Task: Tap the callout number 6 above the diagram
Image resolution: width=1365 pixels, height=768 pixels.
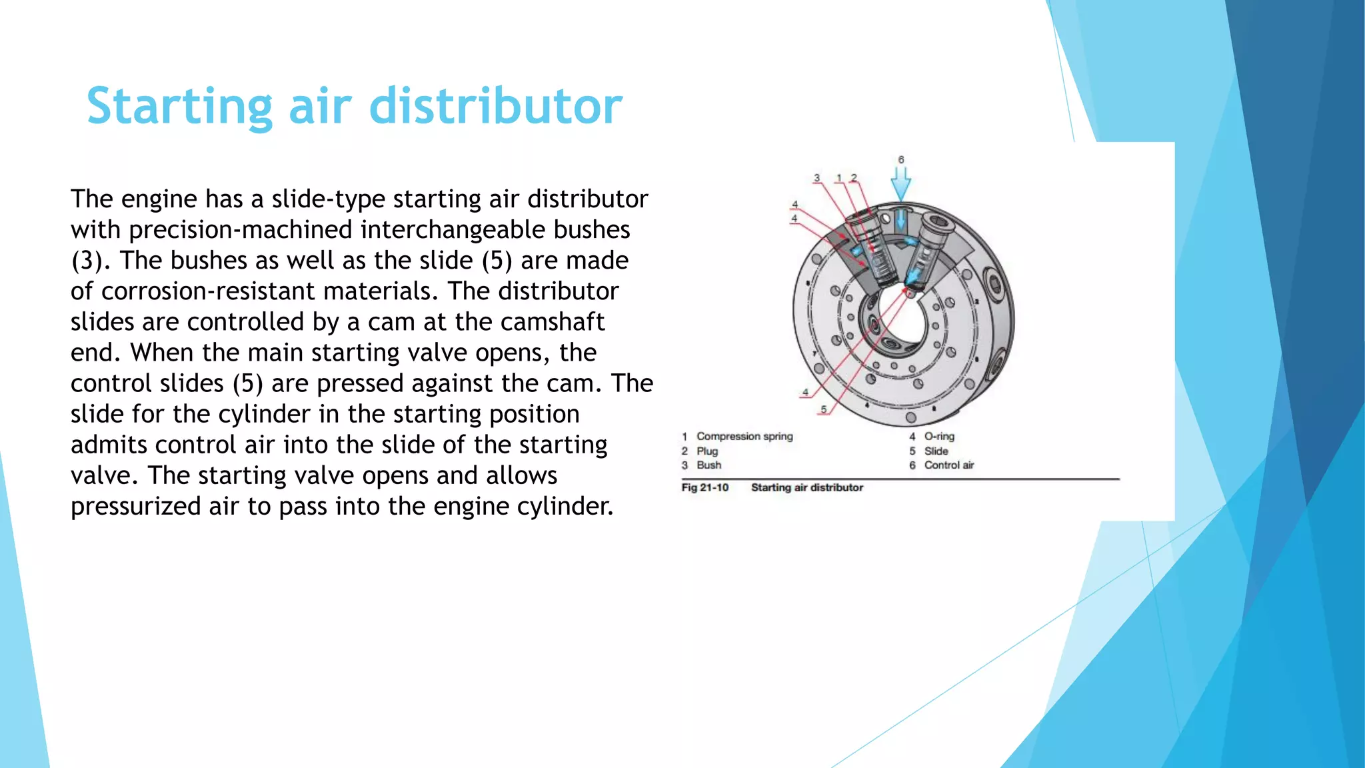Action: coord(901,160)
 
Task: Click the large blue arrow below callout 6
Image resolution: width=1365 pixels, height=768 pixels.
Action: coord(901,184)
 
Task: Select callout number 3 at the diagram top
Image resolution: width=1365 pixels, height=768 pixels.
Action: coord(817,178)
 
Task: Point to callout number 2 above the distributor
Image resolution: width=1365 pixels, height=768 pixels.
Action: coord(854,178)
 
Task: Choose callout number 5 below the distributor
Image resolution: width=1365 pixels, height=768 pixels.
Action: coord(824,409)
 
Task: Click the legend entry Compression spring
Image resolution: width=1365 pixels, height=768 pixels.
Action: coord(744,437)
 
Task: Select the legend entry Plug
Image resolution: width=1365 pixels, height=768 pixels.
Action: coord(707,451)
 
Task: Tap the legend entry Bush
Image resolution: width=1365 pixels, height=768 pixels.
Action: coord(709,465)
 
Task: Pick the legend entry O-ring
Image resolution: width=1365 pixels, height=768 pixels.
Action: coord(939,437)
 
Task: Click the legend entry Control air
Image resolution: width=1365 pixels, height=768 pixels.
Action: coord(949,465)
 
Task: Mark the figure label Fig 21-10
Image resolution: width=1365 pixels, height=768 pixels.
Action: coord(704,488)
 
